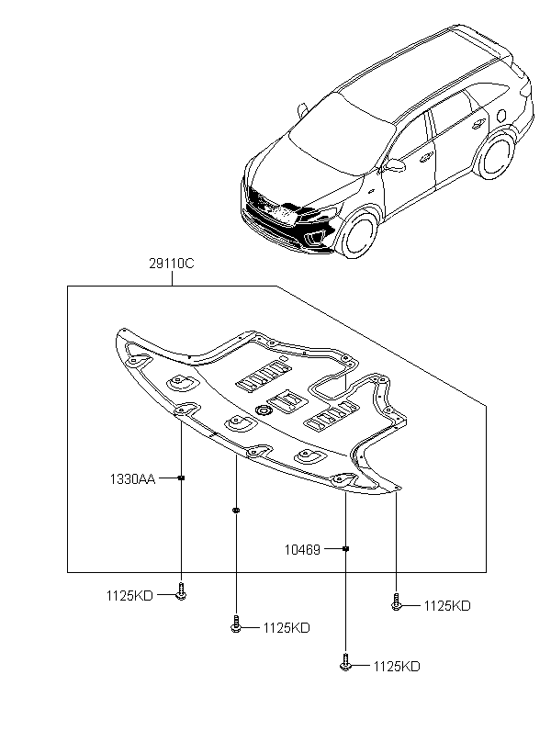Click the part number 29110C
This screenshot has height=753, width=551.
click(172, 264)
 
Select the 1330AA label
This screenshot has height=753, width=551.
click(132, 478)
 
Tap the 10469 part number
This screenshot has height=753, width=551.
click(302, 549)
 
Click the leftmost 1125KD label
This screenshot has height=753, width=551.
click(129, 596)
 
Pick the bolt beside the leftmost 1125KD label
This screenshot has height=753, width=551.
click(181, 591)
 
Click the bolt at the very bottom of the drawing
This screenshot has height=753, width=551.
click(345, 662)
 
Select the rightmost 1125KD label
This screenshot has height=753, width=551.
click(447, 606)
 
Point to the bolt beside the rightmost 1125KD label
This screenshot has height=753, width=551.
click(396, 601)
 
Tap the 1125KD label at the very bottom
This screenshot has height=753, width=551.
click(397, 667)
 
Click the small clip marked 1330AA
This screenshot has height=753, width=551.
click(181, 478)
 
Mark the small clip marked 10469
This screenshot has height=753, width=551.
click(345, 548)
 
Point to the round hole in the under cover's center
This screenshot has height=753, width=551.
click(264, 410)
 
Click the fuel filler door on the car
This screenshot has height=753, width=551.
click(501, 116)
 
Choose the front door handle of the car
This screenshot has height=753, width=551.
click(425, 157)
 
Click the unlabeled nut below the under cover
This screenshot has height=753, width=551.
click(235, 510)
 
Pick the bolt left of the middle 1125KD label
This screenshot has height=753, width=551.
click(235, 624)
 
